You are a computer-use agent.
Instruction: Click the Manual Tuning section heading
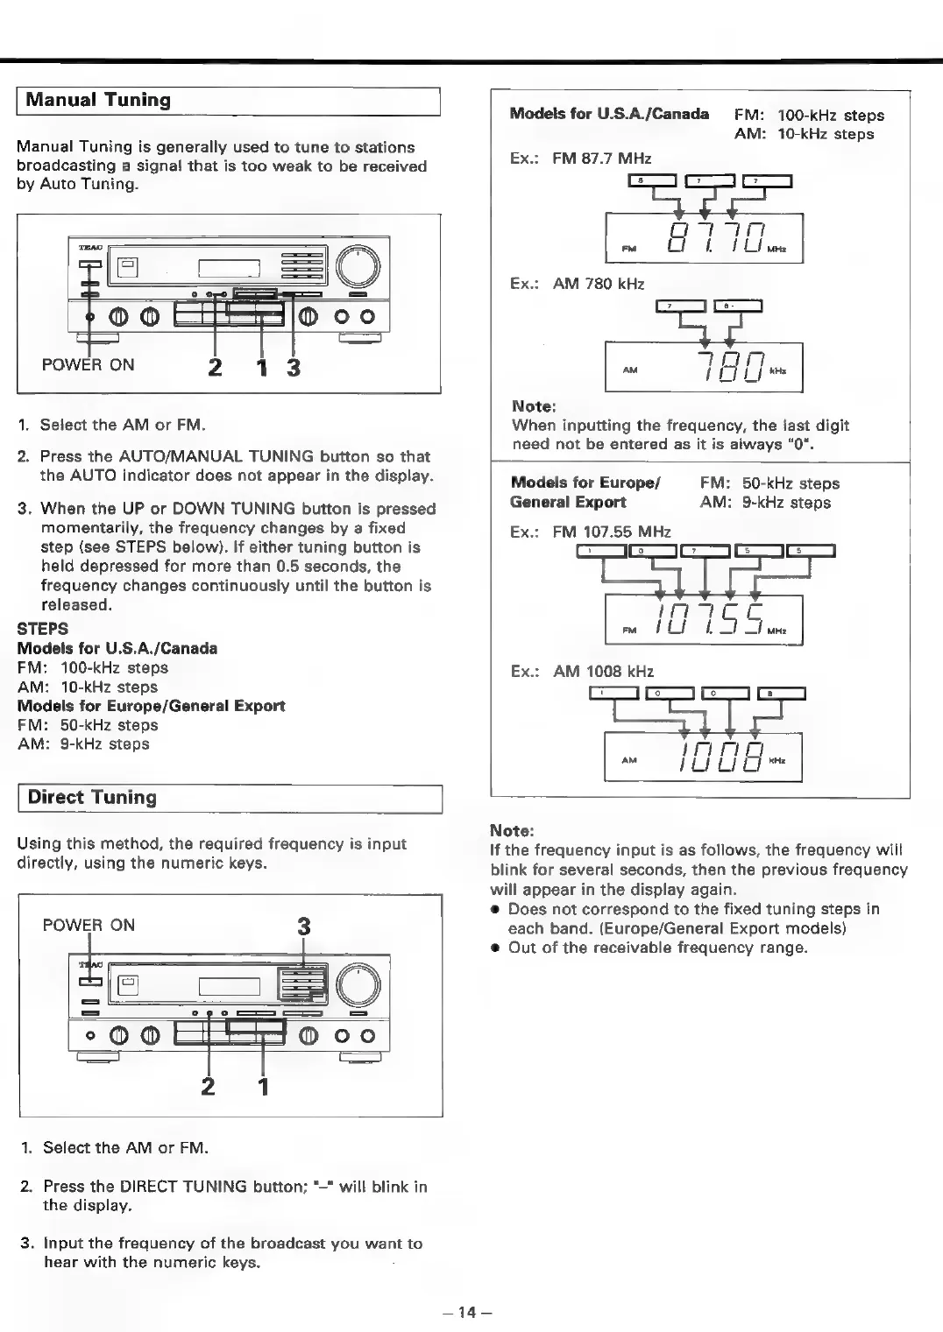pyautogui.click(x=98, y=100)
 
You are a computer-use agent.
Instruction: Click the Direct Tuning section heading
pyautogui.click(x=92, y=798)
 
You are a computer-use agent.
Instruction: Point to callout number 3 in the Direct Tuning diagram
pyautogui.click(x=303, y=926)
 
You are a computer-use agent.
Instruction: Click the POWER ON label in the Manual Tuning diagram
pyautogui.click(x=89, y=365)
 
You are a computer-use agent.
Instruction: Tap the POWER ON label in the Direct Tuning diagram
pyautogui.click(x=89, y=926)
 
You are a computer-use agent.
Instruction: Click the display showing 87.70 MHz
pyautogui.click(x=703, y=239)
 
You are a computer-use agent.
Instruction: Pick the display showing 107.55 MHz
pyautogui.click(x=703, y=620)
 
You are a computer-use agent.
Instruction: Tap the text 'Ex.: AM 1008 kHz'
pyautogui.click(x=582, y=672)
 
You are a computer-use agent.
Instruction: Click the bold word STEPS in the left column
pyautogui.click(x=42, y=629)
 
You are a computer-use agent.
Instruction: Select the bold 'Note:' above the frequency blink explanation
pyautogui.click(x=512, y=830)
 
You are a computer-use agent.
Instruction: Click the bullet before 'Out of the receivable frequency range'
pyautogui.click(x=496, y=948)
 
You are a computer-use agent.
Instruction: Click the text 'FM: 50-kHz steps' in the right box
pyautogui.click(x=769, y=483)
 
